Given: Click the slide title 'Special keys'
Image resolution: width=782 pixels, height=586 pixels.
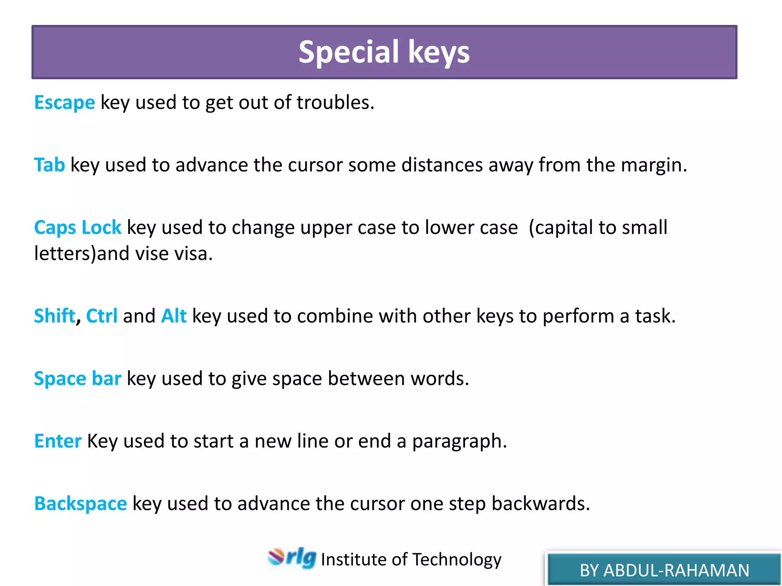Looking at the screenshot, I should (x=384, y=52).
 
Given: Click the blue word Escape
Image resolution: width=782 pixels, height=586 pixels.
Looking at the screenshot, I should (x=65, y=103).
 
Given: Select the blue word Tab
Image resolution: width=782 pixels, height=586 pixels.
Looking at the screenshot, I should (x=49, y=165).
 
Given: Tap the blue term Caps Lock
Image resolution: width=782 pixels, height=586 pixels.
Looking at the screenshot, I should (x=78, y=228).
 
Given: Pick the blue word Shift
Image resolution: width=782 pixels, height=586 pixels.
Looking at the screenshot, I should (x=55, y=316).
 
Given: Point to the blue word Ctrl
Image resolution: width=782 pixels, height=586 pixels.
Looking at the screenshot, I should (x=102, y=316).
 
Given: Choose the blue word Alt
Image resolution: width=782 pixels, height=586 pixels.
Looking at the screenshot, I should (x=174, y=316).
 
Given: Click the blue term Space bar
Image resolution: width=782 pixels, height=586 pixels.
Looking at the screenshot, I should (x=78, y=379).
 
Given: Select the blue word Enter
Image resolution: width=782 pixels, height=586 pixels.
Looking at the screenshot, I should (x=58, y=441).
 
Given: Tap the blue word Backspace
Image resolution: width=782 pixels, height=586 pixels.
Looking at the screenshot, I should (x=80, y=504).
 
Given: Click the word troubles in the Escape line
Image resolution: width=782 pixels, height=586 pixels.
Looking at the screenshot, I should (x=335, y=103).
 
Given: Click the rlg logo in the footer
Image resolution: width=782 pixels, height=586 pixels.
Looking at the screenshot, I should (x=292, y=558).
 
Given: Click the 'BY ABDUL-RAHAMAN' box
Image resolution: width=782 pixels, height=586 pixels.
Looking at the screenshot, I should (x=664, y=570).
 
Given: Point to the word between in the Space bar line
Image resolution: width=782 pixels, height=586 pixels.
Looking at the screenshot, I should (x=366, y=379).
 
